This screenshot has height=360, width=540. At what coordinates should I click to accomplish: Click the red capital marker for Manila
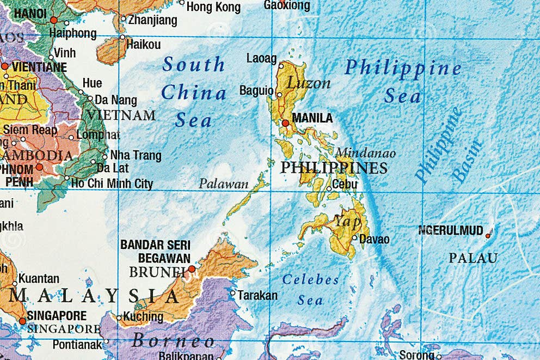[x=285, y=123]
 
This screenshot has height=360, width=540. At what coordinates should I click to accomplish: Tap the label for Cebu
[x=345, y=185]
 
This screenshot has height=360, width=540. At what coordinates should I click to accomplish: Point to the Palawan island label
[x=223, y=184]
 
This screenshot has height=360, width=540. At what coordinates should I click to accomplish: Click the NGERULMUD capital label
[x=450, y=231]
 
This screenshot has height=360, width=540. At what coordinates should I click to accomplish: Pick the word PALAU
[x=472, y=258]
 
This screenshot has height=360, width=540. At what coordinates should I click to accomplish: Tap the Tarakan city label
[x=257, y=296]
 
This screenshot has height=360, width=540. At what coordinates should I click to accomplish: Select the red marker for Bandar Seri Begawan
[x=192, y=269]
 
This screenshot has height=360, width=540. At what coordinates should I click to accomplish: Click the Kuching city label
[x=143, y=316]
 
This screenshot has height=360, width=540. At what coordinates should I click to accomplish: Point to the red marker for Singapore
[x=22, y=321]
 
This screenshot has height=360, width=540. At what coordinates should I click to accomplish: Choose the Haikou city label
[x=143, y=45]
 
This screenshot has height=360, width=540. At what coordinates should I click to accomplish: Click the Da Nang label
[x=115, y=100]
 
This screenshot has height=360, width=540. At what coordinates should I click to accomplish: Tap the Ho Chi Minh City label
[x=112, y=184]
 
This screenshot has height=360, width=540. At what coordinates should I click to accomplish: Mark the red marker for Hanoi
[x=53, y=20]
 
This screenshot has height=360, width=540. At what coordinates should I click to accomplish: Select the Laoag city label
[x=261, y=58]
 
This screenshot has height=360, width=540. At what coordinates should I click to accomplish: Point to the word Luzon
[x=309, y=83]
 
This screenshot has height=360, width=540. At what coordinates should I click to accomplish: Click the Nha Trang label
[x=136, y=156]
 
